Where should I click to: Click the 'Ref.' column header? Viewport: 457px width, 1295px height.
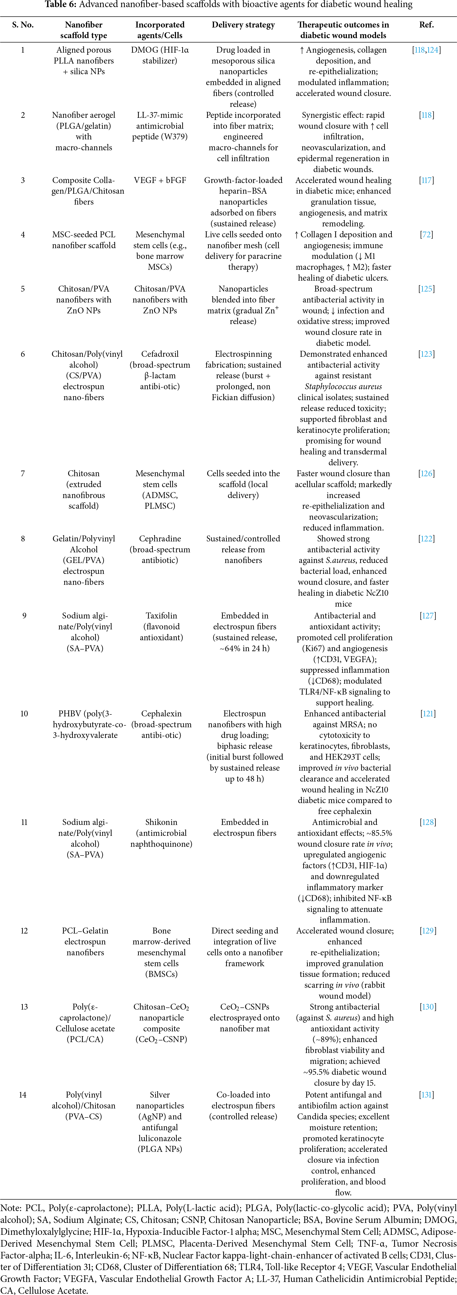pyautogui.click(x=426, y=25)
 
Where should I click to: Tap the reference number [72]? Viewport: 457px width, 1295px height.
pyautogui.click(x=426, y=234)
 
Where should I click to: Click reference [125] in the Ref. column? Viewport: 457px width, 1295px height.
pyautogui.click(x=426, y=288)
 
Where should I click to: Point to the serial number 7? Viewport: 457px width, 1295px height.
pyautogui.click(x=23, y=473)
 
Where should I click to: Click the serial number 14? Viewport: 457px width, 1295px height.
pyautogui.click(x=23, y=1094)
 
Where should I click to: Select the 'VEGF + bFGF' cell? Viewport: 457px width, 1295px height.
pyautogui.click(x=159, y=180)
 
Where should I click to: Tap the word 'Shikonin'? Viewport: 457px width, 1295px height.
pyautogui.click(x=161, y=822)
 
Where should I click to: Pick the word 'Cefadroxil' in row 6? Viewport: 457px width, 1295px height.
pyautogui.click(x=159, y=354)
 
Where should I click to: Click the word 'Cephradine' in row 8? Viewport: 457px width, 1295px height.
pyautogui.click(x=159, y=538)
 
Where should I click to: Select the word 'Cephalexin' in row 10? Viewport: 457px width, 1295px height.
pyautogui.click(x=161, y=713)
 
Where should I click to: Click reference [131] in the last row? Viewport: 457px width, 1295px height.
pyautogui.click(x=426, y=1094)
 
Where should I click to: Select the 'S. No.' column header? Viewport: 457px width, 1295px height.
pyautogui.click(x=23, y=25)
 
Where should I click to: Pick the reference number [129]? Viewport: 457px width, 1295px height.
pyautogui.click(x=428, y=930)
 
